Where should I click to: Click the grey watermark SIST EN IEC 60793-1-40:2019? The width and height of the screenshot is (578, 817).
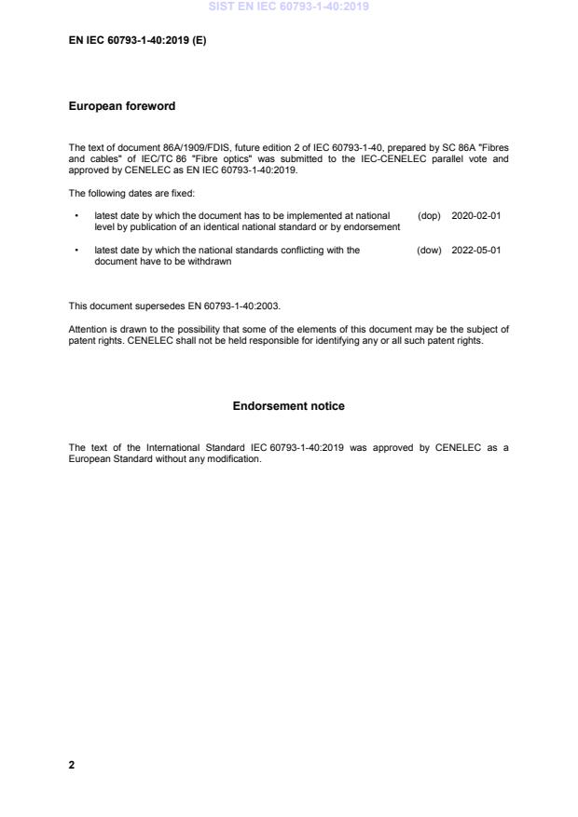coord(289,7)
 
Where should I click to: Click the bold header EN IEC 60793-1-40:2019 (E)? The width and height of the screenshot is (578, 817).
coord(137,42)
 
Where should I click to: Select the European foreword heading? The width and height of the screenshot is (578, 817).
coord(121,106)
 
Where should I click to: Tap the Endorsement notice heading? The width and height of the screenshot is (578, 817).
coord(288,406)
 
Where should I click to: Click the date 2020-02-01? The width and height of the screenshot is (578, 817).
coord(475,215)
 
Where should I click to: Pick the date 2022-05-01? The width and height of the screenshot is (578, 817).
coord(475,251)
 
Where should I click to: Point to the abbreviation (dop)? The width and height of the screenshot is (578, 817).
coord(429,215)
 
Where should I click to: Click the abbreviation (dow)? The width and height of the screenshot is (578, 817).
coord(429,251)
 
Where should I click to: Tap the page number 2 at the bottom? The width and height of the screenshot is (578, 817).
coord(72,765)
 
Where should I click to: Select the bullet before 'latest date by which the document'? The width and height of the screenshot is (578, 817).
coord(76,215)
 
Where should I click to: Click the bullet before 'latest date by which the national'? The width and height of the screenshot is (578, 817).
coord(76,251)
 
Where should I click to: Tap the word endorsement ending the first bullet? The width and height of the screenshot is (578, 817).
coord(372,226)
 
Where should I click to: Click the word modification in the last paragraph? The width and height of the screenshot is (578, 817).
coord(234,459)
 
